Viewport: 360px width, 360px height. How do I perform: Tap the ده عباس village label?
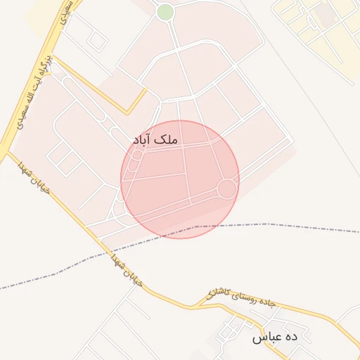275,337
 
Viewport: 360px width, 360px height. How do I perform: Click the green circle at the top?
165,12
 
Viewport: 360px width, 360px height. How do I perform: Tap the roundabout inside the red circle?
226,188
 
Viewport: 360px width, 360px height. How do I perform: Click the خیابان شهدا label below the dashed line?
126,270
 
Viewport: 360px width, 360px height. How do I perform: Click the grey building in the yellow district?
324,12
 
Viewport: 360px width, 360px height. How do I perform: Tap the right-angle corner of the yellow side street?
127,112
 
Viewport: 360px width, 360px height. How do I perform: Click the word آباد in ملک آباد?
143,140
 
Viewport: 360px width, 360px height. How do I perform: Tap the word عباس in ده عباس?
266,337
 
